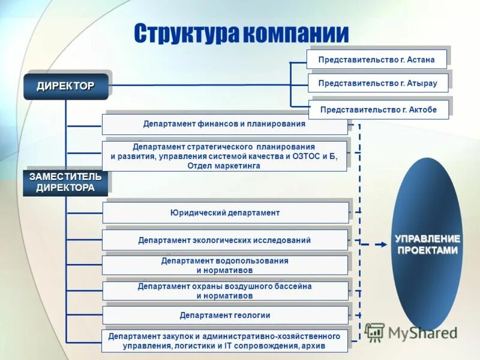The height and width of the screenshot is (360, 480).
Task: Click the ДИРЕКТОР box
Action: (x=65, y=86)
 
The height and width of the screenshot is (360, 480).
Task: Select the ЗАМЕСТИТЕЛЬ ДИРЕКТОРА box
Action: (x=65, y=182)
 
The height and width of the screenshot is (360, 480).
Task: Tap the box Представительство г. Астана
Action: (x=377, y=59)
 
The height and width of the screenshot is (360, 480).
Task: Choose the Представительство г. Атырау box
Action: (x=378, y=83)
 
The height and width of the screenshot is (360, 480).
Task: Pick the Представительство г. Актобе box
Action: (x=379, y=110)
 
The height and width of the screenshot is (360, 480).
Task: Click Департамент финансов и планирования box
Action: (x=224, y=124)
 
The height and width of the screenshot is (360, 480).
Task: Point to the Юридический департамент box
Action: (x=225, y=212)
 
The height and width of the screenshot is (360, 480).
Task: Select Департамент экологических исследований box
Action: (x=224, y=240)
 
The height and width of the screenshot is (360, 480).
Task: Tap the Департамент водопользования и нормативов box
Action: (x=224, y=265)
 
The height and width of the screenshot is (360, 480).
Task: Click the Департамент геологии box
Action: (x=225, y=315)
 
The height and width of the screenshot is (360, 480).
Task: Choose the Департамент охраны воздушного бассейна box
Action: (x=224, y=290)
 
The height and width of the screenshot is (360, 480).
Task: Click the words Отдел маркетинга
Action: (x=224, y=166)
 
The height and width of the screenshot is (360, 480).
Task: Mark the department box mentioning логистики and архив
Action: (x=224, y=341)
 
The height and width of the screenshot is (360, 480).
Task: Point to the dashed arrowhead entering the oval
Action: (x=385, y=244)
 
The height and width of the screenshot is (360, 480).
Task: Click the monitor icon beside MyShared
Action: (x=375, y=332)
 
